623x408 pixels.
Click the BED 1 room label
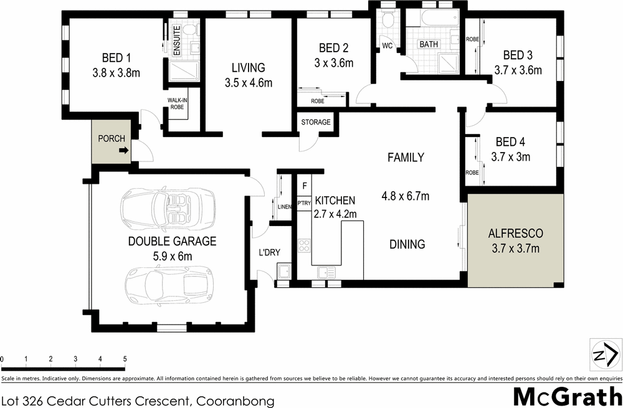point(112,58)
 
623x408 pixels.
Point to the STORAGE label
point(316,122)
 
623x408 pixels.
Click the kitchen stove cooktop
point(304,245)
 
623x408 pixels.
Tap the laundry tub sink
point(283,271)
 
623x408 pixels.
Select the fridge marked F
point(305,185)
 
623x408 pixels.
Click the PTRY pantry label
point(304,203)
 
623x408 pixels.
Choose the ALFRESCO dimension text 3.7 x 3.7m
point(515,249)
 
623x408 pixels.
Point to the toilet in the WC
point(388,20)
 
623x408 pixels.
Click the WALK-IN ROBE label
point(178,103)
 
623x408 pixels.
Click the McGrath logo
point(566,396)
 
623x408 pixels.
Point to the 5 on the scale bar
point(125,359)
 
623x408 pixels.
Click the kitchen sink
point(326,272)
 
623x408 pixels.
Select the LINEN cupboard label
point(285,207)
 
